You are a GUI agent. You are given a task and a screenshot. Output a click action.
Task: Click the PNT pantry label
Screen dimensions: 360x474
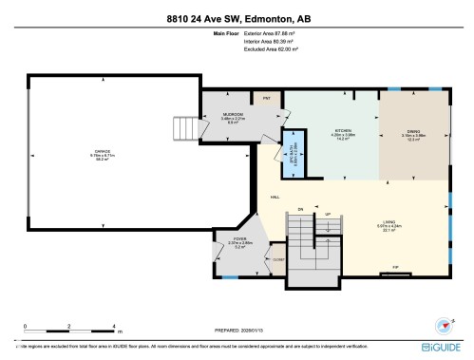(x=268, y=97)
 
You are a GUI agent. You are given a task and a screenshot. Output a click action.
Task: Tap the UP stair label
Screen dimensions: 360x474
(x=327, y=214)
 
